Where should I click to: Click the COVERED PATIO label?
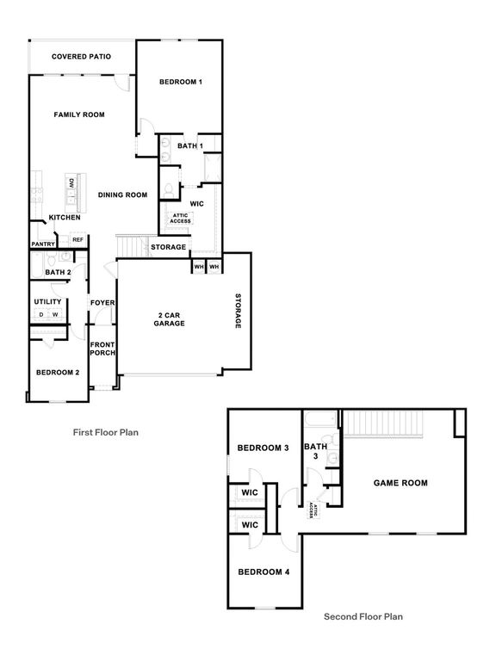coord(82,57)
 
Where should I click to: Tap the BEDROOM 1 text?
coord(181,82)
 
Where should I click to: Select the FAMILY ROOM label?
coord(78,114)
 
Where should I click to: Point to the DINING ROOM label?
coord(123,195)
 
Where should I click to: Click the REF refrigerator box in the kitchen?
coord(77,240)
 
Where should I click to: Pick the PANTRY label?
coord(43,244)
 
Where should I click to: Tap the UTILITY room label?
coord(47,302)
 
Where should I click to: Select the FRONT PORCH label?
coord(102,349)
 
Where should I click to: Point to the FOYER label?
coord(102,303)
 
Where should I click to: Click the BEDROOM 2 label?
coord(57,373)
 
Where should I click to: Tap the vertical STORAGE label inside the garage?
coord(239,312)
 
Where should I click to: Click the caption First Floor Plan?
coord(105,433)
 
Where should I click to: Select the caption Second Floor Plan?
coord(363,616)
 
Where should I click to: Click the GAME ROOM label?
coord(400,483)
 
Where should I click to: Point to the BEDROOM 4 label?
coord(263,572)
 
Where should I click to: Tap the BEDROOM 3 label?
coord(263,448)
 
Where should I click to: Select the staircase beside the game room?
coord(387,424)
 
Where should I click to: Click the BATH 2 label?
coord(57,273)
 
